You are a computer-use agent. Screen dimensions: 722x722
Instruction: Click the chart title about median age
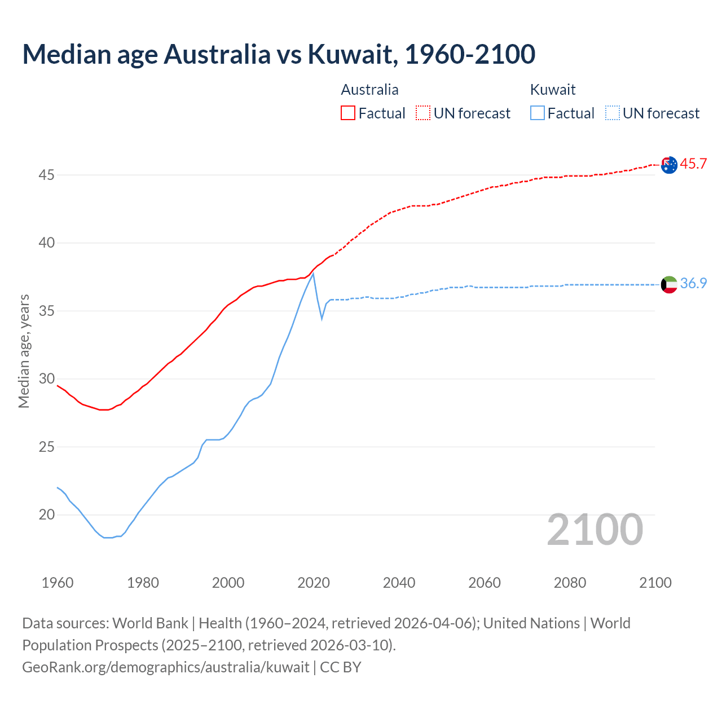coord(279,54)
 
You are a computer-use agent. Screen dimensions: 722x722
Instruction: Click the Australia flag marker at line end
coord(669,165)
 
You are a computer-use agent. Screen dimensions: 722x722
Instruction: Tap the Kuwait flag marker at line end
coord(669,284)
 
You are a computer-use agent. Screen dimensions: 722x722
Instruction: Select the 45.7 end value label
coord(693,164)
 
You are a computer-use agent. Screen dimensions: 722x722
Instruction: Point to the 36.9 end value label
coord(693,283)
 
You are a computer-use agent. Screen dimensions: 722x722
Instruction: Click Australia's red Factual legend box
coord(348,113)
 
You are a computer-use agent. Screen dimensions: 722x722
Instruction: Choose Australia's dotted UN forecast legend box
coord(423,113)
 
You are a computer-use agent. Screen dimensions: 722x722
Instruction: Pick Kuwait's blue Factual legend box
coord(538,113)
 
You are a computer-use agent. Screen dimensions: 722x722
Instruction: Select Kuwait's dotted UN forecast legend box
coord(613,113)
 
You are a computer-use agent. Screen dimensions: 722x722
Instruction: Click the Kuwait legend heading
coord(553,90)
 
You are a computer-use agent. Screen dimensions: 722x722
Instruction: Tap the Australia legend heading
coord(369,90)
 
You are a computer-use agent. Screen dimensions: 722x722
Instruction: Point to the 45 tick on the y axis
coord(46,175)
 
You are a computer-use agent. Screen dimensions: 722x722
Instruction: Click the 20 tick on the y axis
coord(46,515)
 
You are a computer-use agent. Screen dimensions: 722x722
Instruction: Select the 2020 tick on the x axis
coord(314,583)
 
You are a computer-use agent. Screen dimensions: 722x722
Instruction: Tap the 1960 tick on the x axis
coord(58,583)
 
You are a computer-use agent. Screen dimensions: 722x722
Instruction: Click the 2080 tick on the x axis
coord(570,583)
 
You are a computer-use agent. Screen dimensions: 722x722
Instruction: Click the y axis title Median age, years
coord(24,351)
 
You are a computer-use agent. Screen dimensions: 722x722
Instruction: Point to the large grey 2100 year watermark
coord(595,529)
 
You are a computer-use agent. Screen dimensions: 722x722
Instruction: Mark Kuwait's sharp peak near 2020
coord(313,274)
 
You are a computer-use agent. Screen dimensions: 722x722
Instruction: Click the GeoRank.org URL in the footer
coord(165,667)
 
